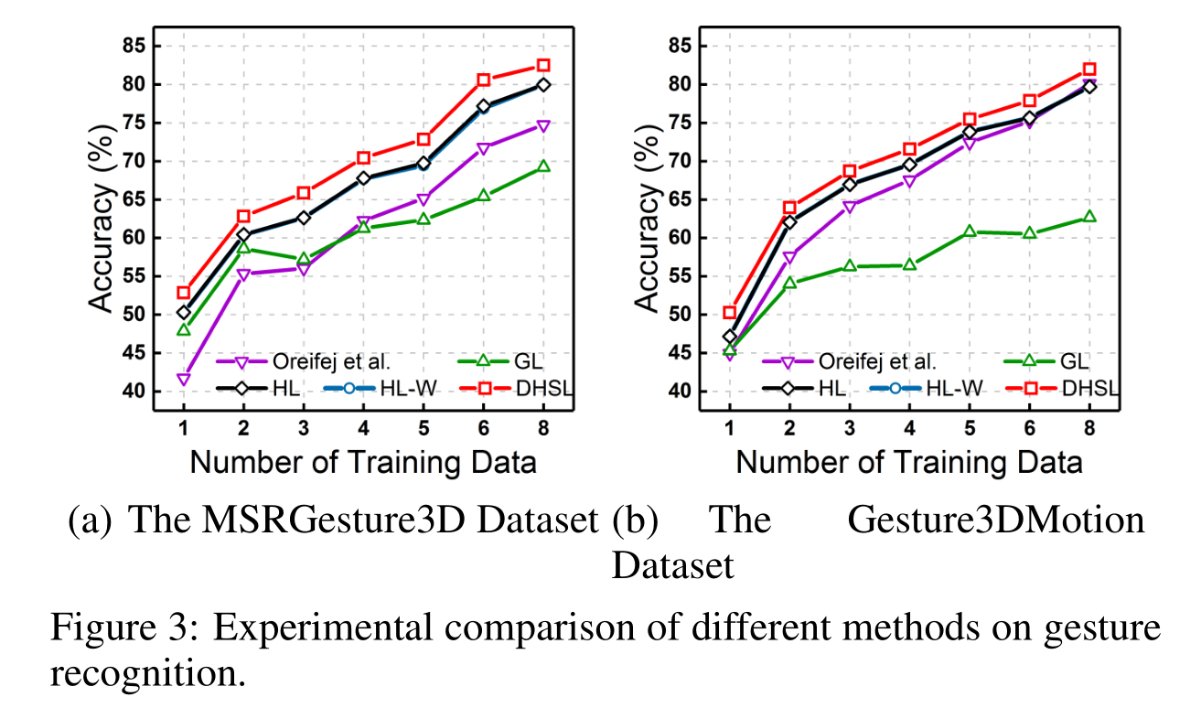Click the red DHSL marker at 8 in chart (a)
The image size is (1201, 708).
(x=543, y=65)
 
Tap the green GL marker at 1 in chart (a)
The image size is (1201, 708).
(x=184, y=329)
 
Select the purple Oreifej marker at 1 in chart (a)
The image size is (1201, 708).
(x=184, y=379)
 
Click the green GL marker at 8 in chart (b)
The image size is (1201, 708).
(x=1089, y=217)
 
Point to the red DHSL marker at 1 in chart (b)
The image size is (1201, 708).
(x=730, y=313)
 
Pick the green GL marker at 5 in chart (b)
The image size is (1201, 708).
(x=969, y=231)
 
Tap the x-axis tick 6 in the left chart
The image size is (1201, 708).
(x=483, y=427)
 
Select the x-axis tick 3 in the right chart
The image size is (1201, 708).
(x=849, y=427)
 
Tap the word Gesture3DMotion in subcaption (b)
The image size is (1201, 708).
(x=995, y=520)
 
